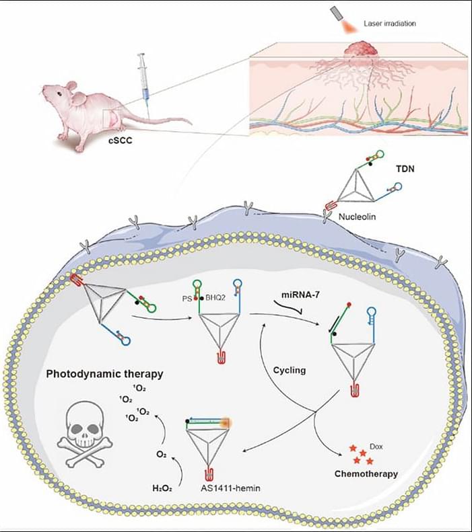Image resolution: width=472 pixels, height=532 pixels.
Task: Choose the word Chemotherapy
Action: (366, 474)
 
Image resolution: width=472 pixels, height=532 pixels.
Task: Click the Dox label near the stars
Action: (378, 445)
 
